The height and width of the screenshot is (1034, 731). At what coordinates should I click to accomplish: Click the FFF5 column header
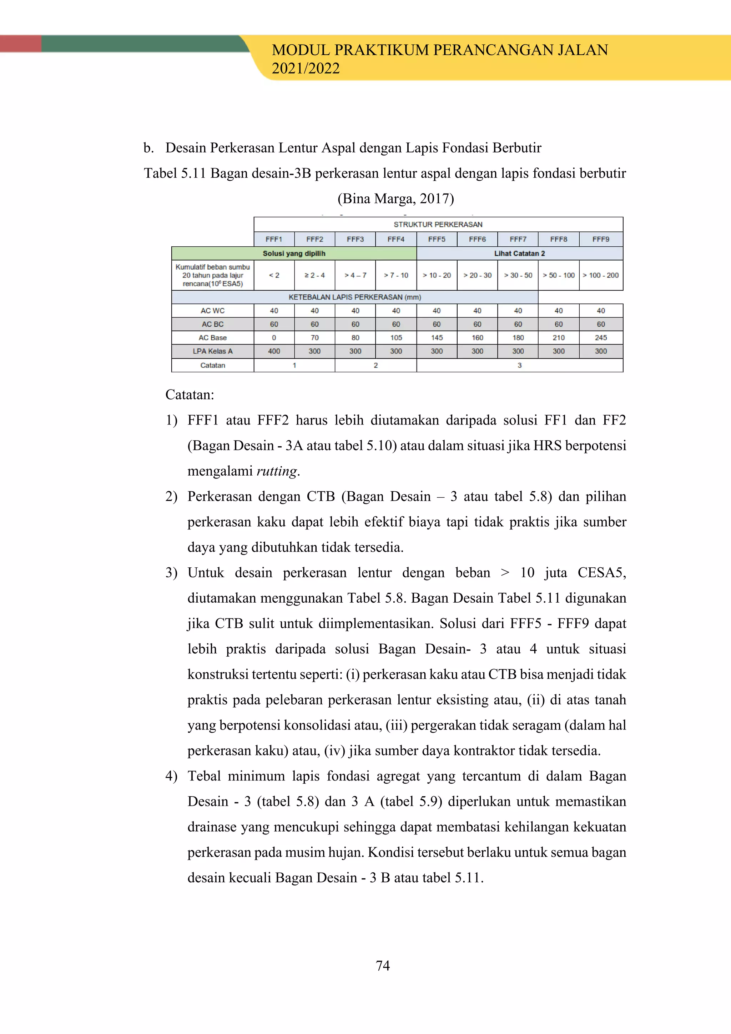pyautogui.click(x=436, y=239)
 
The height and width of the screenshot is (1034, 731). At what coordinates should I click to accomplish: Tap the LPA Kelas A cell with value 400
pyautogui.click(x=274, y=351)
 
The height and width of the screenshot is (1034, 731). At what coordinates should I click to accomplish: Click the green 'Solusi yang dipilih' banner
pyautogui.click(x=293, y=254)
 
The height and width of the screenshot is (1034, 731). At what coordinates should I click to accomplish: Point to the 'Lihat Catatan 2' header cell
pyautogui.click(x=519, y=254)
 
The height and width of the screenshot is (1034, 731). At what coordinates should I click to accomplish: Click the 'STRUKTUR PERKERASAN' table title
pyautogui.click(x=438, y=224)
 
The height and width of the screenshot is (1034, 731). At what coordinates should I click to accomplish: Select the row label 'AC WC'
pyautogui.click(x=212, y=311)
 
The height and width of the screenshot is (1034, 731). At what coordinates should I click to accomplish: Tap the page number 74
pyautogui.click(x=383, y=965)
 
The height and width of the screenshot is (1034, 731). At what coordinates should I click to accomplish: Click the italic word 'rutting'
pyautogui.click(x=276, y=471)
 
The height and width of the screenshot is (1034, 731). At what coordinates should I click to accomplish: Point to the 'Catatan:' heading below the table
pyautogui.click(x=190, y=395)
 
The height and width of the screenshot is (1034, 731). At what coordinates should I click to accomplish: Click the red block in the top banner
pyautogui.click(x=20, y=44)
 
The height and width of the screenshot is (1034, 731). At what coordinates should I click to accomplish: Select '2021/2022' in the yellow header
pyautogui.click(x=306, y=69)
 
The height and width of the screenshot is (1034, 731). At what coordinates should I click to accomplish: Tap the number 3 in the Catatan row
pyautogui.click(x=519, y=365)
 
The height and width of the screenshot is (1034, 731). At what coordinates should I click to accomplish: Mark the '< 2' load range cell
pyautogui.click(x=274, y=275)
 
